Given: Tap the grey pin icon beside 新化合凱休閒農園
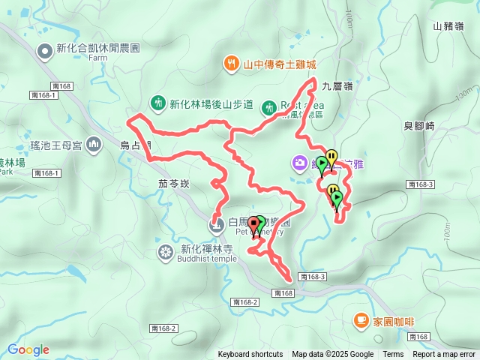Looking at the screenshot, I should [45, 50].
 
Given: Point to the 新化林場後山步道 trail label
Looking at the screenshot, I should [211, 104].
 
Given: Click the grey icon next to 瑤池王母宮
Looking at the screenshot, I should [94, 143].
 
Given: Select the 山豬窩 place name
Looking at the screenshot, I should [448, 25].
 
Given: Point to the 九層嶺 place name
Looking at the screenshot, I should [337, 85].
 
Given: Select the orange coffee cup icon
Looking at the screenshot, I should [361, 321].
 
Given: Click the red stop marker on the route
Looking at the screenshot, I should [254, 223].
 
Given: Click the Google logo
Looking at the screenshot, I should [28, 349].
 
